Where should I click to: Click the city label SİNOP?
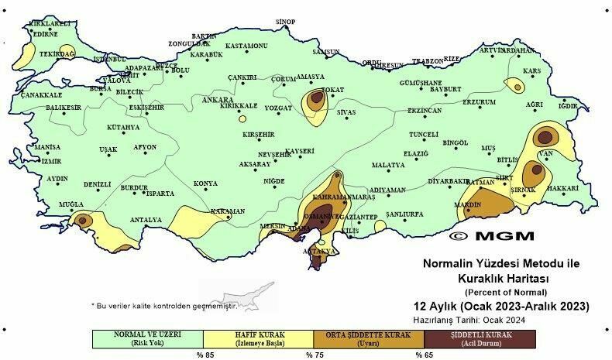287,21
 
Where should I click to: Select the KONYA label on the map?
205,183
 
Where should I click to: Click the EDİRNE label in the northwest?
43,34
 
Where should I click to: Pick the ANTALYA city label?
146,220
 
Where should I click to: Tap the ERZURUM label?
479,101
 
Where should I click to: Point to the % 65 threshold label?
423,355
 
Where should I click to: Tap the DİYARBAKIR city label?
449,182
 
